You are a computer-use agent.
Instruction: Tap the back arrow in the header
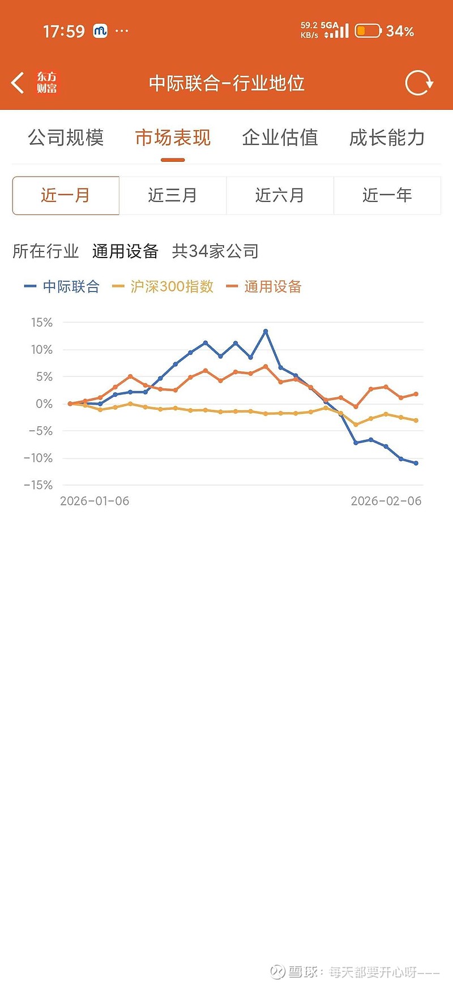[x=18, y=83]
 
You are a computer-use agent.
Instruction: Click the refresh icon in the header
[x=418, y=83]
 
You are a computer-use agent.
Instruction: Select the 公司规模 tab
[x=66, y=138]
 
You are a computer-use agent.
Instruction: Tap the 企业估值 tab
[x=280, y=138]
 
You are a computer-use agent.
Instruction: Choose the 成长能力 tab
[x=387, y=138]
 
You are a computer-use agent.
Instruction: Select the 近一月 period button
[x=66, y=195]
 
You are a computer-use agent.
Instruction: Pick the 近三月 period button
[x=173, y=195]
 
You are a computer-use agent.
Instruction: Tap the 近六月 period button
[x=280, y=195]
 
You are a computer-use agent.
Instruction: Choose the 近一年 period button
[x=387, y=195]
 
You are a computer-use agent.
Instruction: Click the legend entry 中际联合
[x=62, y=286]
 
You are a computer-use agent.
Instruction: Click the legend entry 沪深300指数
[x=164, y=286]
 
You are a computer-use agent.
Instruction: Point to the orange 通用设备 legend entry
[x=264, y=286]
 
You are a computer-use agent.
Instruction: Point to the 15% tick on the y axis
[x=42, y=323]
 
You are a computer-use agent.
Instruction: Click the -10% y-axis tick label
[x=39, y=458]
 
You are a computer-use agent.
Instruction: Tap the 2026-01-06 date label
[x=95, y=501]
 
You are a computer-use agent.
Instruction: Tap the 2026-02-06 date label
[x=386, y=501]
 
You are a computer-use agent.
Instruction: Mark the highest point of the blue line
[x=266, y=331]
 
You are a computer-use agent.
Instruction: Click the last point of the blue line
[x=416, y=463]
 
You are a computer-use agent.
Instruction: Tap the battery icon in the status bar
[x=368, y=31]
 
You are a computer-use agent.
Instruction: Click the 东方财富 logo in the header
[x=47, y=83]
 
